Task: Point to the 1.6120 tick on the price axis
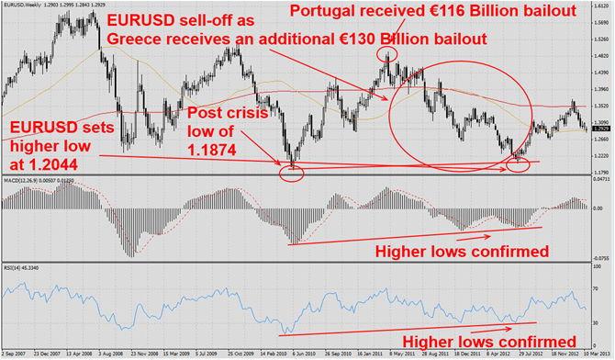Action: click(602, 6)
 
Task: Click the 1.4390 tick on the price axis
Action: click(602, 73)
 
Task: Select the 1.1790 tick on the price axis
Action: click(602, 172)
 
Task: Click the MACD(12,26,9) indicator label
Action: click(20, 183)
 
